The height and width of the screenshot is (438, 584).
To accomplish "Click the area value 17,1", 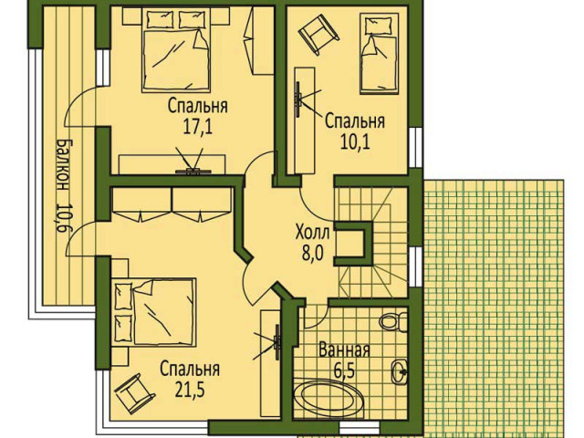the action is click(x=197, y=127).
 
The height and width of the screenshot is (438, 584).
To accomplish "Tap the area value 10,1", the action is click(x=355, y=142).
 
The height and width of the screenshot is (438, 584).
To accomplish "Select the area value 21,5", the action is click(x=190, y=391).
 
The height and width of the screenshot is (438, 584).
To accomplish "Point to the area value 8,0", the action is click(x=312, y=255).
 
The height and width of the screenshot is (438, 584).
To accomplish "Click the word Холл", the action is click(x=312, y=234).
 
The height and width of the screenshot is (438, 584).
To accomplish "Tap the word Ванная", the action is click(x=345, y=350).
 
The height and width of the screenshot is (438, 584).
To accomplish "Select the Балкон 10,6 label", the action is click(x=62, y=186).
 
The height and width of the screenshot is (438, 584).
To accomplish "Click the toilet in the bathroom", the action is click(x=393, y=321).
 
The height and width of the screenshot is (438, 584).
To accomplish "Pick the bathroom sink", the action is click(x=400, y=371).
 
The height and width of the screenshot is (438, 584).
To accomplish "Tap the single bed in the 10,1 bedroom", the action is click(x=379, y=54).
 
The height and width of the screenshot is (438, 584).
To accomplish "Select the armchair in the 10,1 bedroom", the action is click(x=318, y=34).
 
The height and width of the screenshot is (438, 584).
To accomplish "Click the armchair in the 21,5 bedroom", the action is click(x=135, y=394).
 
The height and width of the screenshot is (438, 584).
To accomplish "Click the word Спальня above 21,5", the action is click(x=190, y=370).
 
